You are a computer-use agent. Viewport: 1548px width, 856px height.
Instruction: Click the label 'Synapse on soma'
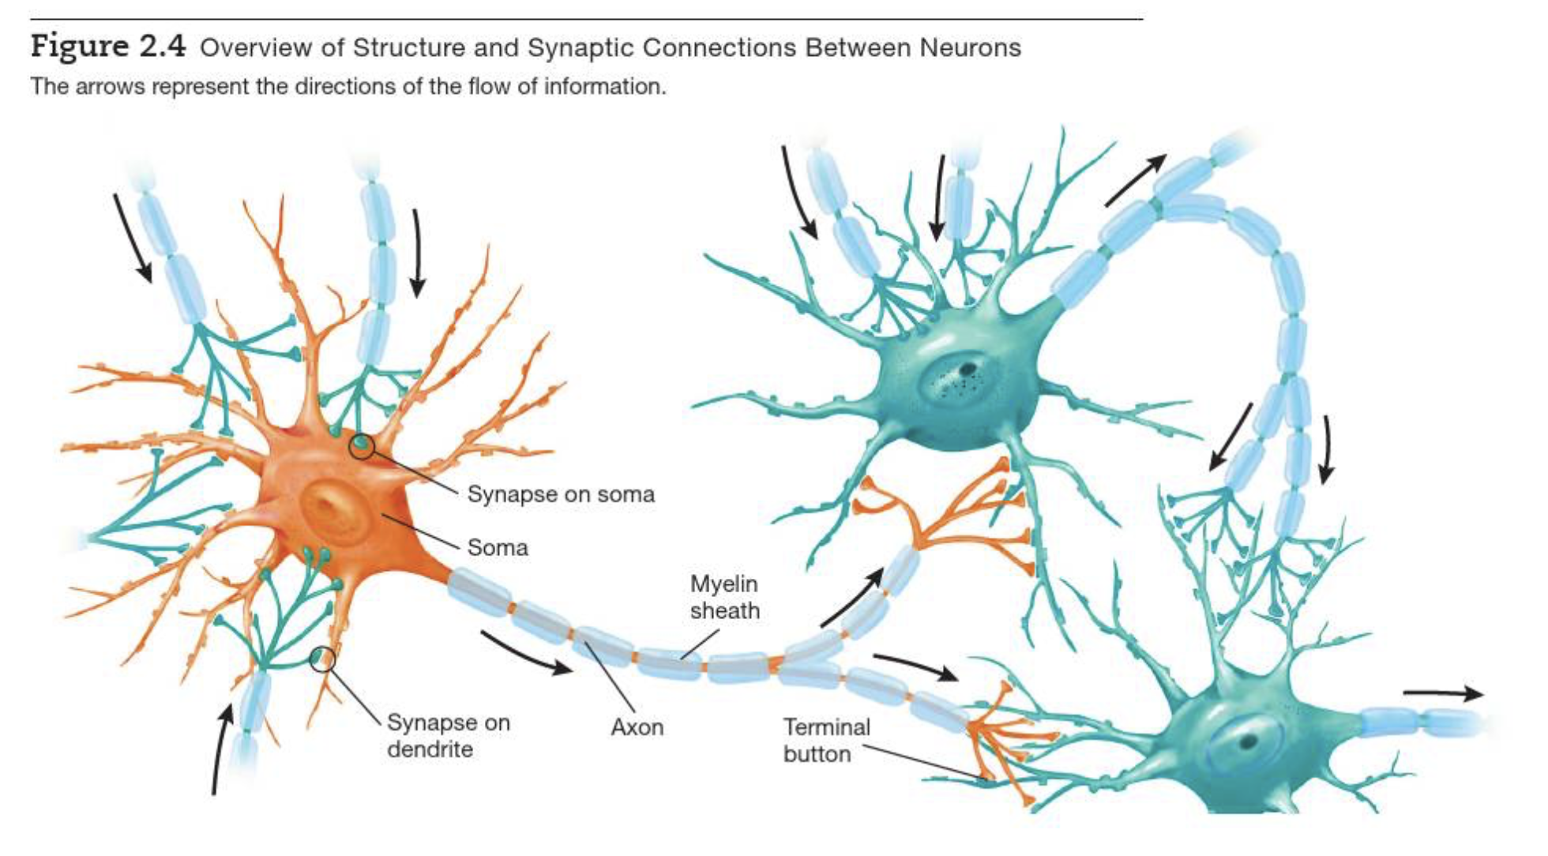pyautogui.click(x=561, y=494)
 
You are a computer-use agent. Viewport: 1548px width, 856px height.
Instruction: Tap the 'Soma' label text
pyautogui.click(x=497, y=547)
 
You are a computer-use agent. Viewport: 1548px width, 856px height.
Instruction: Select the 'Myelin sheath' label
pyautogui.click(x=724, y=597)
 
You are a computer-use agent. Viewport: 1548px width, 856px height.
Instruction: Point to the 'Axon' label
pyautogui.click(x=637, y=726)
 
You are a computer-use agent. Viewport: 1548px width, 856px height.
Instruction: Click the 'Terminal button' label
pyautogui.click(x=826, y=740)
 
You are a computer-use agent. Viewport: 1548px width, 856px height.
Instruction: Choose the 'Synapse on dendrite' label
pyautogui.click(x=448, y=735)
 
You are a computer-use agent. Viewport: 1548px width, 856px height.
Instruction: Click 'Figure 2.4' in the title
pyautogui.click(x=108, y=47)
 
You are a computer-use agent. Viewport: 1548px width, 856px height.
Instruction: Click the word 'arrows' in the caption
pyautogui.click(x=110, y=86)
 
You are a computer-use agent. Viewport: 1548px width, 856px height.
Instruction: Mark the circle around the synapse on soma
pyautogui.click(x=362, y=446)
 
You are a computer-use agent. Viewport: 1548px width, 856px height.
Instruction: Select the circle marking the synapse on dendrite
pyautogui.click(x=322, y=658)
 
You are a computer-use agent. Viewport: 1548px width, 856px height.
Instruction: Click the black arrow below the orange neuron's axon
pyautogui.click(x=525, y=654)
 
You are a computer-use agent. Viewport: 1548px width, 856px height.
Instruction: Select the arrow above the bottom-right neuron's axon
pyautogui.click(x=1442, y=694)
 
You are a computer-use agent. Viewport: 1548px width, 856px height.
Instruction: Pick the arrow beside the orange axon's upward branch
pyautogui.click(x=852, y=598)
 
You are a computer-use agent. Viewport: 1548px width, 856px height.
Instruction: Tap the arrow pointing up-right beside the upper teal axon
pyautogui.click(x=1135, y=180)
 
